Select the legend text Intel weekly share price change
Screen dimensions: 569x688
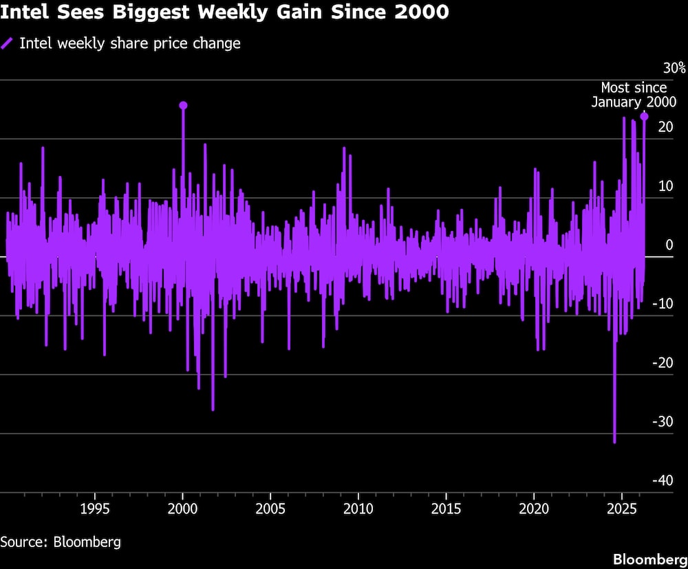(130, 43)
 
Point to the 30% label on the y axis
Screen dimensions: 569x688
(674, 68)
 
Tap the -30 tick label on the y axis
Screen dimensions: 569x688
(665, 422)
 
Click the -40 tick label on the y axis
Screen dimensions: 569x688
(665, 480)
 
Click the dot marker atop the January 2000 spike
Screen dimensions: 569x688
(183, 105)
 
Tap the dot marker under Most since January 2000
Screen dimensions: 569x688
(644, 117)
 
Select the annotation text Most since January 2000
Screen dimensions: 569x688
(634, 95)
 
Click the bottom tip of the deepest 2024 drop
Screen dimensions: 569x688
(614, 443)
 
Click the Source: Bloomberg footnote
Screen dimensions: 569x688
(61, 542)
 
